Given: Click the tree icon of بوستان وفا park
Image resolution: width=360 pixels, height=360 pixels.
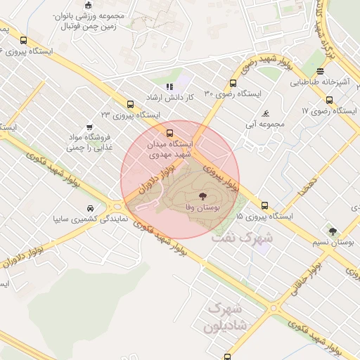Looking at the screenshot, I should pyautogui.click(x=203, y=196).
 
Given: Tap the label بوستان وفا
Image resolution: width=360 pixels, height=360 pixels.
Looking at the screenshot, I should pyautogui.click(x=203, y=209).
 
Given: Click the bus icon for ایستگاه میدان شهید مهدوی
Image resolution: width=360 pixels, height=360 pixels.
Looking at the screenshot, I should pyautogui.click(x=169, y=132).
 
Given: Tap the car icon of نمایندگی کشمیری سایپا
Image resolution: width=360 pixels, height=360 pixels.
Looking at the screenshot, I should pyautogui.click(x=91, y=209).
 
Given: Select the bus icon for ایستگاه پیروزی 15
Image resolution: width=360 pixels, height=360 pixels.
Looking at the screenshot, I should pyautogui.click(x=264, y=205).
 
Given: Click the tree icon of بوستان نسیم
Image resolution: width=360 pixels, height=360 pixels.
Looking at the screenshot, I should pyautogui.click(x=333, y=230).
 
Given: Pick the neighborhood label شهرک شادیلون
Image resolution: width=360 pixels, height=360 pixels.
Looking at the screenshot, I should pyautogui.click(x=223, y=318).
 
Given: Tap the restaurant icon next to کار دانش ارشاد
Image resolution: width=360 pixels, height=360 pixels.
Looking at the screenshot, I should pyautogui.click(x=169, y=86).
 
